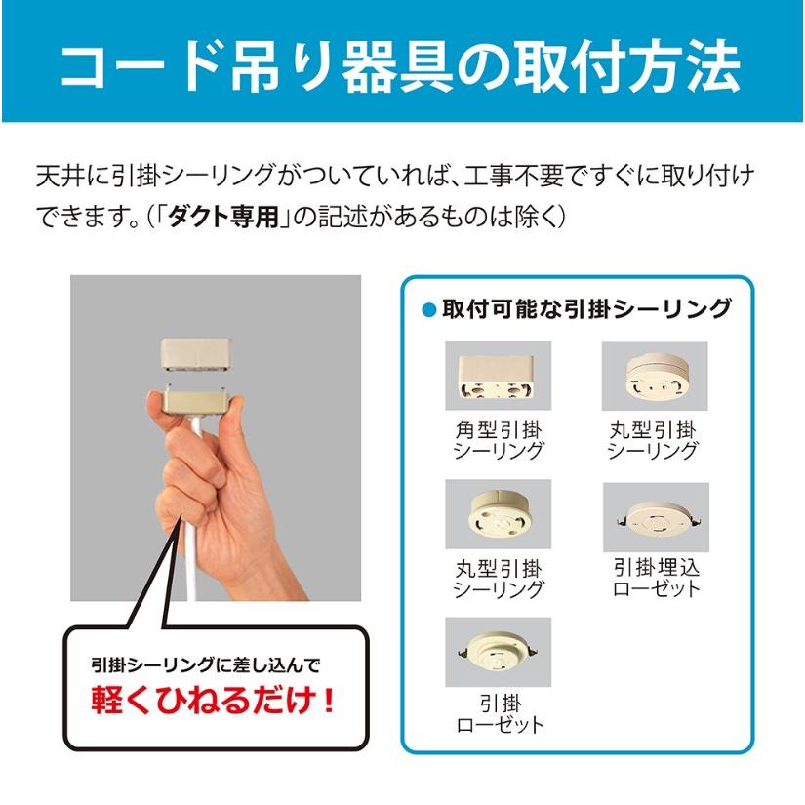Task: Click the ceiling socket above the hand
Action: (x=195, y=357)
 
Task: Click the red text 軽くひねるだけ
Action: (x=214, y=702)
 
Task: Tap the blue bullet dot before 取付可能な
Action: (x=426, y=310)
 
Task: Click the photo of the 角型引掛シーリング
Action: (x=498, y=375)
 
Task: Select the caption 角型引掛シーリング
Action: (x=498, y=440)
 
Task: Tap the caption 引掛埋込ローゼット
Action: (x=655, y=579)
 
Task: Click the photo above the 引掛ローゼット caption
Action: (x=498, y=651)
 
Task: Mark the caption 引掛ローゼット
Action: (x=498, y=714)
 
